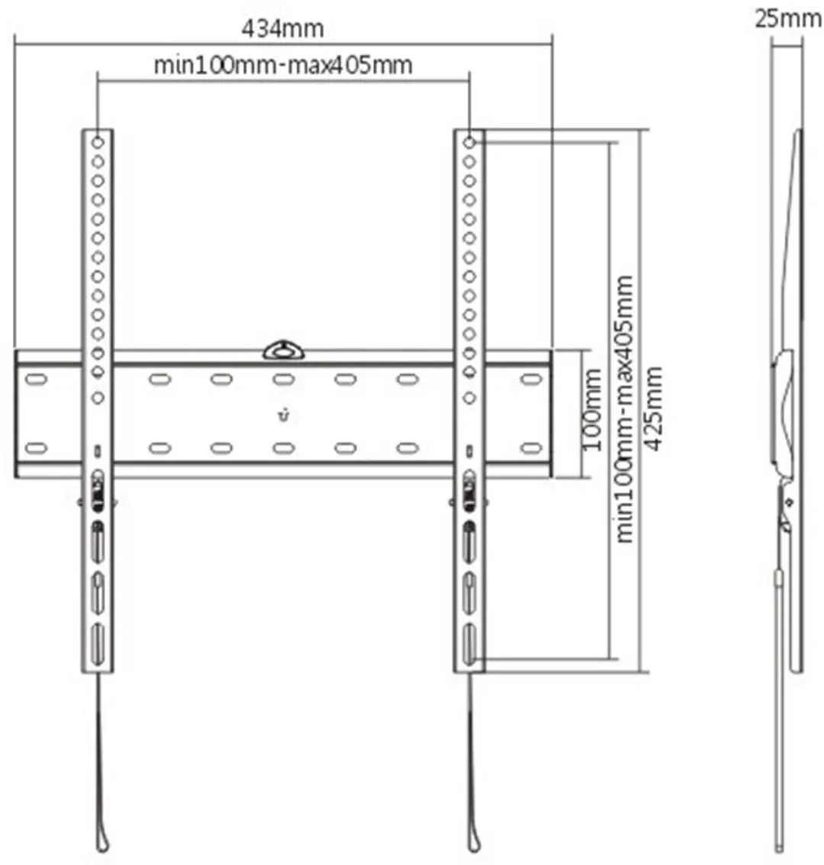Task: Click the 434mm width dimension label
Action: [x=282, y=28]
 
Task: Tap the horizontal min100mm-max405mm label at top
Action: [x=283, y=65]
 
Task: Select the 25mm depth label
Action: [x=788, y=19]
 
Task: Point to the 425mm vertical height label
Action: [x=654, y=408]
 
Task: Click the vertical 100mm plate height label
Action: [x=592, y=408]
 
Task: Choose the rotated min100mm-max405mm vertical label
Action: [x=623, y=408]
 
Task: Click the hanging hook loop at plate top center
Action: [x=283, y=350]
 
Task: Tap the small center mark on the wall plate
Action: [x=283, y=415]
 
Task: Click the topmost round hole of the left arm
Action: [x=98, y=143]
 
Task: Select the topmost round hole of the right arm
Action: [x=469, y=143]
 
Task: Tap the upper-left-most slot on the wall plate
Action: [x=37, y=379]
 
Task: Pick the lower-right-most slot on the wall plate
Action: [x=531, y=448]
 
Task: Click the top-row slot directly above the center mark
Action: [x=283, y=379]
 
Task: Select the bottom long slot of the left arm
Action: [x=98, y=644]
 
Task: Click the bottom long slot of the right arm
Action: [x=469, y=644]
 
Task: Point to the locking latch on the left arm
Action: [x=98, y=490]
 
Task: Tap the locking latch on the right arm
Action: [x=469, y=490]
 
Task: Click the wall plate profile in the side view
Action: [x=783, y=414]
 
